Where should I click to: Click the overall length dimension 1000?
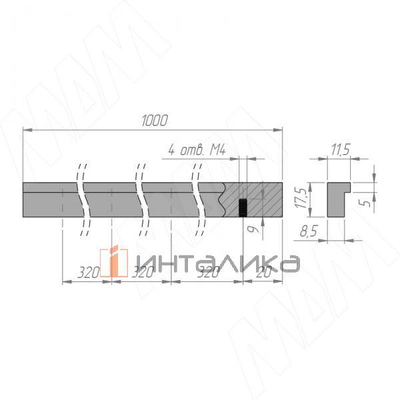154,120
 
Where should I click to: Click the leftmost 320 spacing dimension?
87,273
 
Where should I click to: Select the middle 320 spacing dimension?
141,273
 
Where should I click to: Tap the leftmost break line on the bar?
83,199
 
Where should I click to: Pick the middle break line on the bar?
141,199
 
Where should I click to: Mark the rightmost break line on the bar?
198,199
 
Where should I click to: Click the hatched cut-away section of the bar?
263,198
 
